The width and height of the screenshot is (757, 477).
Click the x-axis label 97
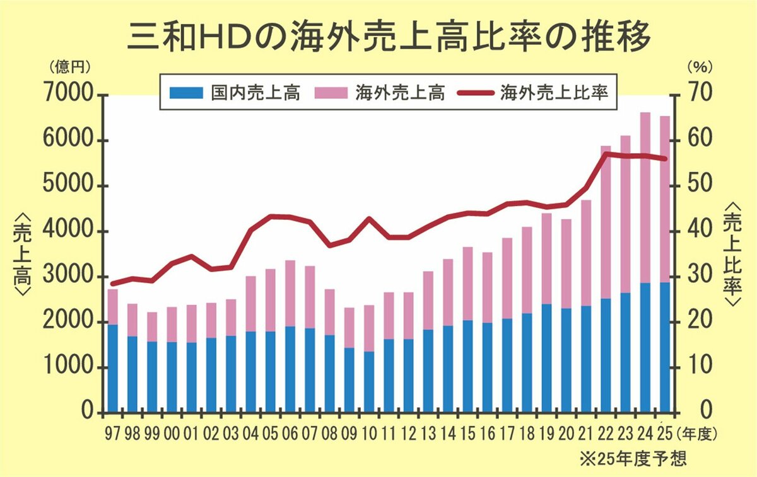point(112,433)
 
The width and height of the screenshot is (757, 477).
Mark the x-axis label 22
point(606,433)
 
